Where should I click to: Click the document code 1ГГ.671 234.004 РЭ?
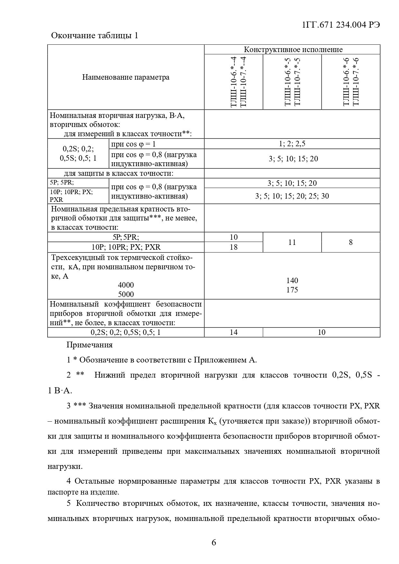point(341,25)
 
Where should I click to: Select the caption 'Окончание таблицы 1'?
point(95,35)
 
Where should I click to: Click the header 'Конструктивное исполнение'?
point(293,49)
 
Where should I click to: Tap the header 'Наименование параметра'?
point(126,77)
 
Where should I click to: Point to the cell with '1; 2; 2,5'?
point(292,144)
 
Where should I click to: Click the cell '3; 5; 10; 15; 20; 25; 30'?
point(292,196)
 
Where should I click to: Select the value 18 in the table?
point(234,247)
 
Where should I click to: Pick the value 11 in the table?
point(292,242)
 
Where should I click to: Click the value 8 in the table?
point(350,242)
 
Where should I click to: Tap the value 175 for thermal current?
point(292,290)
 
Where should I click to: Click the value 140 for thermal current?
point(292,281)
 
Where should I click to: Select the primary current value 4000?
point(126,285)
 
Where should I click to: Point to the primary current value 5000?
point(126,294)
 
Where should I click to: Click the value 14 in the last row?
point(234,332)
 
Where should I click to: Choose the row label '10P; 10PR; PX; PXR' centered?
point(126,247)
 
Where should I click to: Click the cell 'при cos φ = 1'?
point(133,144)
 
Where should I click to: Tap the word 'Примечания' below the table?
point(89,345)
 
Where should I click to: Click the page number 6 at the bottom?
point(214,543)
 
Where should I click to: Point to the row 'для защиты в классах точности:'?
point(119,174)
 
